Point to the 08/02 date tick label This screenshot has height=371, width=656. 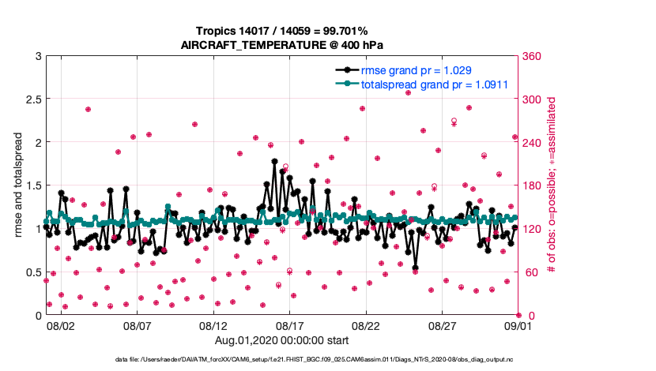pyautogui.click(x=60, y=325)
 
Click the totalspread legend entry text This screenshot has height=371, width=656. pyautogui.click(x=433, y=84)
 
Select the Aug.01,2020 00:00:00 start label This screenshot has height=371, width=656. pyautogui.click(x=281, y=340)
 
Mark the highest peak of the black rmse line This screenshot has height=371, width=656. pyautogui.click(x=274, y=161)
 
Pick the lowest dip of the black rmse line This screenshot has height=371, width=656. pyautogui.click(x=415, y=268)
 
